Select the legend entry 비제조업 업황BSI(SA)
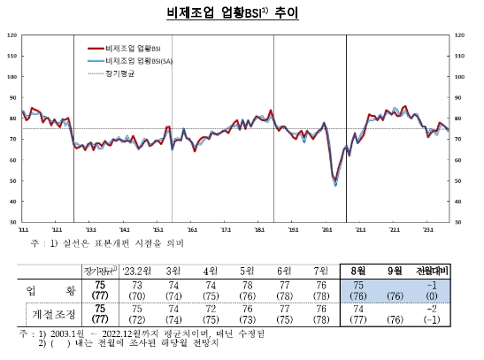(x=133, y=60)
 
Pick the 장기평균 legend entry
(x=120, y=73)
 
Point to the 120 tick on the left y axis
(x=12, y=35)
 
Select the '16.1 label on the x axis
(x=191, y=229)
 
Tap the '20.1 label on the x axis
(x=327, y=229)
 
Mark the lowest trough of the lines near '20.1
(x=335, y=185)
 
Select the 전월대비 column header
(x=430, y=270)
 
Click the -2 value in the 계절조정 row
(x=432, y=309)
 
